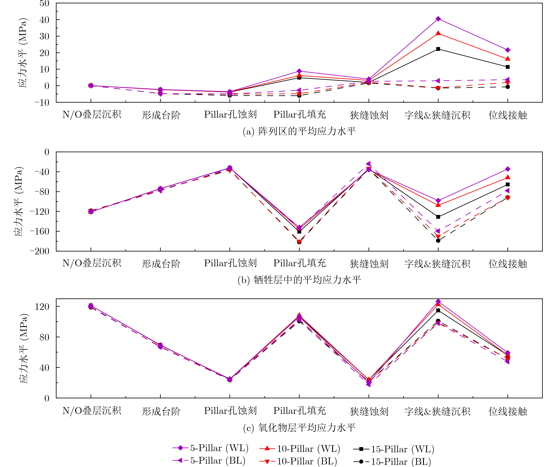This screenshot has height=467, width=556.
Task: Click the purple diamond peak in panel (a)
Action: (438, 19)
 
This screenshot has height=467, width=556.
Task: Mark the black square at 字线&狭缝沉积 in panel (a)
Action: (438, 49)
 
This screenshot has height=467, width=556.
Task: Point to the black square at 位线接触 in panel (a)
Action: (508, 67)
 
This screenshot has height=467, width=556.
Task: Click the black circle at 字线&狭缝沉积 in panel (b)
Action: (438, 240)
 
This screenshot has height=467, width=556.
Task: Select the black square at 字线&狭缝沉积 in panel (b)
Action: (438, 217)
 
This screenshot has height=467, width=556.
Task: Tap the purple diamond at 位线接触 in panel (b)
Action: (508, 169)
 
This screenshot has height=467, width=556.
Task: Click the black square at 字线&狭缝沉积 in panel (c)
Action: (438, 310)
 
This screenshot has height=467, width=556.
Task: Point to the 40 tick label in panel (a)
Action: (44, 20)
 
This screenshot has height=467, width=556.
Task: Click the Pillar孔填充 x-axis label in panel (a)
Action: (299, 115)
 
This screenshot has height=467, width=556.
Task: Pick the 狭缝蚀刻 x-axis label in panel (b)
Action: (369, 264)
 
